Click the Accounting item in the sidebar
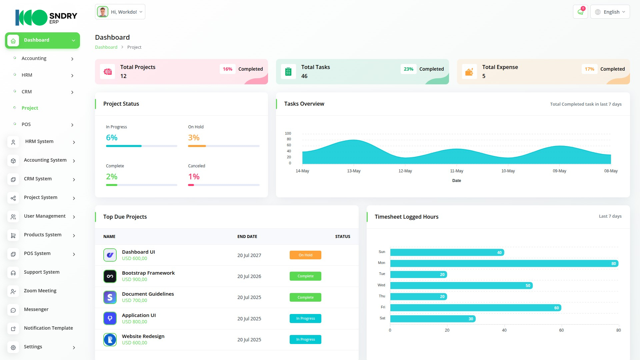pyautogui.click(x=34, y=58)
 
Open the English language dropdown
pyautogui.click(x=610, y=12)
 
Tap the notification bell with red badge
pyautogui.click(x=580, y=12)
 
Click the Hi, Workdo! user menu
pyautogui.click(x=120, y=12)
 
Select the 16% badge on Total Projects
pyautogui.click(x=227, y=69)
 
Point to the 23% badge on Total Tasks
pyautogui.click(x=408, y=69)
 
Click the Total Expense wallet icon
pyautogui.click(x=469, y=72)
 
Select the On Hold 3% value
pyautogui.click(x=194, y=138)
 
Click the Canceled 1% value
pyautogui.click(x=194, y=177)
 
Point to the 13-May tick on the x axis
pyautogui.click(x=354, y=171)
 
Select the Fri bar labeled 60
pyautogui.click(x=475, y=308)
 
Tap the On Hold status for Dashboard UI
pyautogui.click(x=305, y=255)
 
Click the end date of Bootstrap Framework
pyautogui.click(x=249, y=276)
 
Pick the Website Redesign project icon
pyautogui.click(x=110, y=340)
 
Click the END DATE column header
pyautogui.click(x=247, y=237)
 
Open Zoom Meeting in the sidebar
pyautogui.click(x=40, y=291)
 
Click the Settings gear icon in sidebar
pyautogui.click(x=13, y=347)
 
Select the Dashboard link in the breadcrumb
pyautogui.click(x=106, y=47)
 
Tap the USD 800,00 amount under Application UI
pyautogui.click(x=134, y=322)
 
